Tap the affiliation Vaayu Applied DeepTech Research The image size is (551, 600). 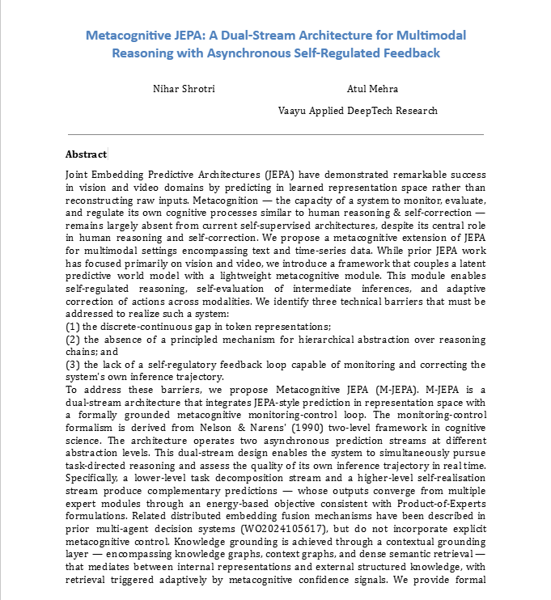pos(358,111)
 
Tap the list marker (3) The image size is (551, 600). pos(72,365)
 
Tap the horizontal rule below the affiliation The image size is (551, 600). pos(275,133)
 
